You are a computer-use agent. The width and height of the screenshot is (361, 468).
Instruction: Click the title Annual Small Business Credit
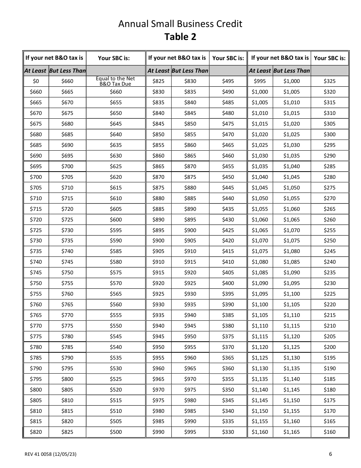coord(180,24)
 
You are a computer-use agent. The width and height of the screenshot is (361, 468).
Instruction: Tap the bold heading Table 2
coord(180,37)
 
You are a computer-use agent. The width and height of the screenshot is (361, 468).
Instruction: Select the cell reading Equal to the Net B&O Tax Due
coord(116,81)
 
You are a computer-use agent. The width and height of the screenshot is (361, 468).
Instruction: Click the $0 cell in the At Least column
coord(36,81)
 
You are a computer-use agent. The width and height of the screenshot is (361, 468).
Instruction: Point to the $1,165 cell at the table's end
coord(291,432)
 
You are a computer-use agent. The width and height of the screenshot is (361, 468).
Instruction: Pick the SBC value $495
coord(228,81)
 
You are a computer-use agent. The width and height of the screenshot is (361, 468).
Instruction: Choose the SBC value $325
coord(329,81)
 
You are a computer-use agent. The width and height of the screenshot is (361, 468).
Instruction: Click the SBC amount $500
coord(116,432)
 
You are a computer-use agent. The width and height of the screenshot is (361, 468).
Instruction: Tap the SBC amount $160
coord(329,432)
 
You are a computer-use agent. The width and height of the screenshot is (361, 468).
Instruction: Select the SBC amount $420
coord(228,240)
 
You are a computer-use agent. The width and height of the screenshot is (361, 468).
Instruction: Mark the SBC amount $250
coord(329,240)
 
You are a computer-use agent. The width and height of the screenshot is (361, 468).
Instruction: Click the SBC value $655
coord(116,102)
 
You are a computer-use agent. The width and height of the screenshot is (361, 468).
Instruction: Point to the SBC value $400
coord(228,283)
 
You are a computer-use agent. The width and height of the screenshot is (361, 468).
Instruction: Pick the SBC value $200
coord(329,347)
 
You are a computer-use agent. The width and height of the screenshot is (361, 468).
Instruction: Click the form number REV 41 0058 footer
coord(52,454)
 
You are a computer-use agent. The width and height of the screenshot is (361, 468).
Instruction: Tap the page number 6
coord(330,454)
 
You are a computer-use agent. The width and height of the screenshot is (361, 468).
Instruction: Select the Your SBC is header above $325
coord(329,58)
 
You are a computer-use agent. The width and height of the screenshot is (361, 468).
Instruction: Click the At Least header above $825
coord(158,70)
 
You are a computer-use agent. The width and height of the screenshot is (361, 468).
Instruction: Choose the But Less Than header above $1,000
coord(291,70)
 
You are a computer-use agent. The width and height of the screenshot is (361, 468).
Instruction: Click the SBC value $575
coord(116,272)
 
